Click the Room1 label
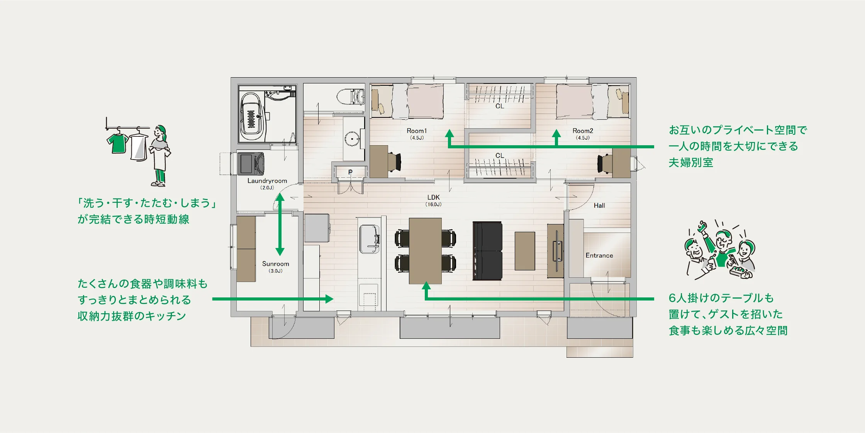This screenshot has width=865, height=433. pos(417,131)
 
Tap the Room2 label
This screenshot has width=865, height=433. pos(583,131)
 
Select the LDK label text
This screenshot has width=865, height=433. pos(434,197)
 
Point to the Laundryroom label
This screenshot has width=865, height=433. pos(267,181)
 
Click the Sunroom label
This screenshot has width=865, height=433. pos(276,264)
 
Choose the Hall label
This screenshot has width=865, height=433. pos(599,205)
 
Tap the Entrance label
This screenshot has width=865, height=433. pos(599,255)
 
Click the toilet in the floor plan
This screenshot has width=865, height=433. pos(351,97)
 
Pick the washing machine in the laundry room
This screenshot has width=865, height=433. pos(251,164)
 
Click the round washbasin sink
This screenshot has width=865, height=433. pos(352,139)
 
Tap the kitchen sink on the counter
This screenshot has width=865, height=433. pos(370,239)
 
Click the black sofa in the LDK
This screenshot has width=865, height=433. pos(488,251)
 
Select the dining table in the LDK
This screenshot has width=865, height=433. pos(425,251)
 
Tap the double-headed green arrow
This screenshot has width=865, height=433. pos(280,224)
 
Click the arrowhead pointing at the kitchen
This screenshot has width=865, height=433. pos(329,299)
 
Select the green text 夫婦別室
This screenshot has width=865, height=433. pos(691,163)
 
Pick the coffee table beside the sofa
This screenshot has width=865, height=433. pos(525,251)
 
